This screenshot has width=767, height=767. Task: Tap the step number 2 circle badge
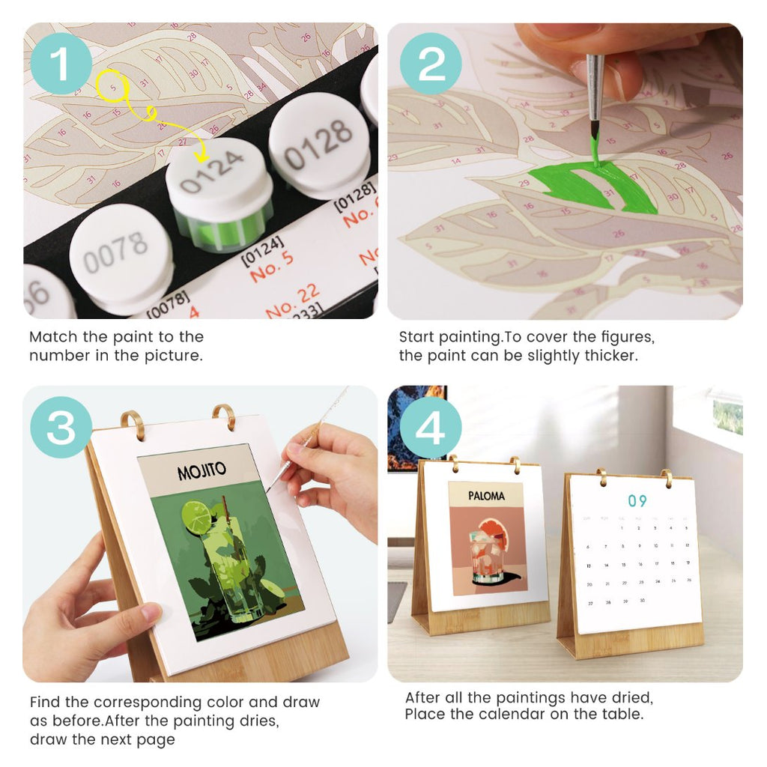[x=431, y=63]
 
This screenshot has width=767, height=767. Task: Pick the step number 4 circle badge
[x=431, y=427]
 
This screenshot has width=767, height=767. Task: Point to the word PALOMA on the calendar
[x=486, y=496]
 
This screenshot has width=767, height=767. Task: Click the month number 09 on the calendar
[x=637, y=501]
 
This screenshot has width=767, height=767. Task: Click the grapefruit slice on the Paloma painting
[x=494, y=534]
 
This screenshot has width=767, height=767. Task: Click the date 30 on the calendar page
[x=642, y=601]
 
